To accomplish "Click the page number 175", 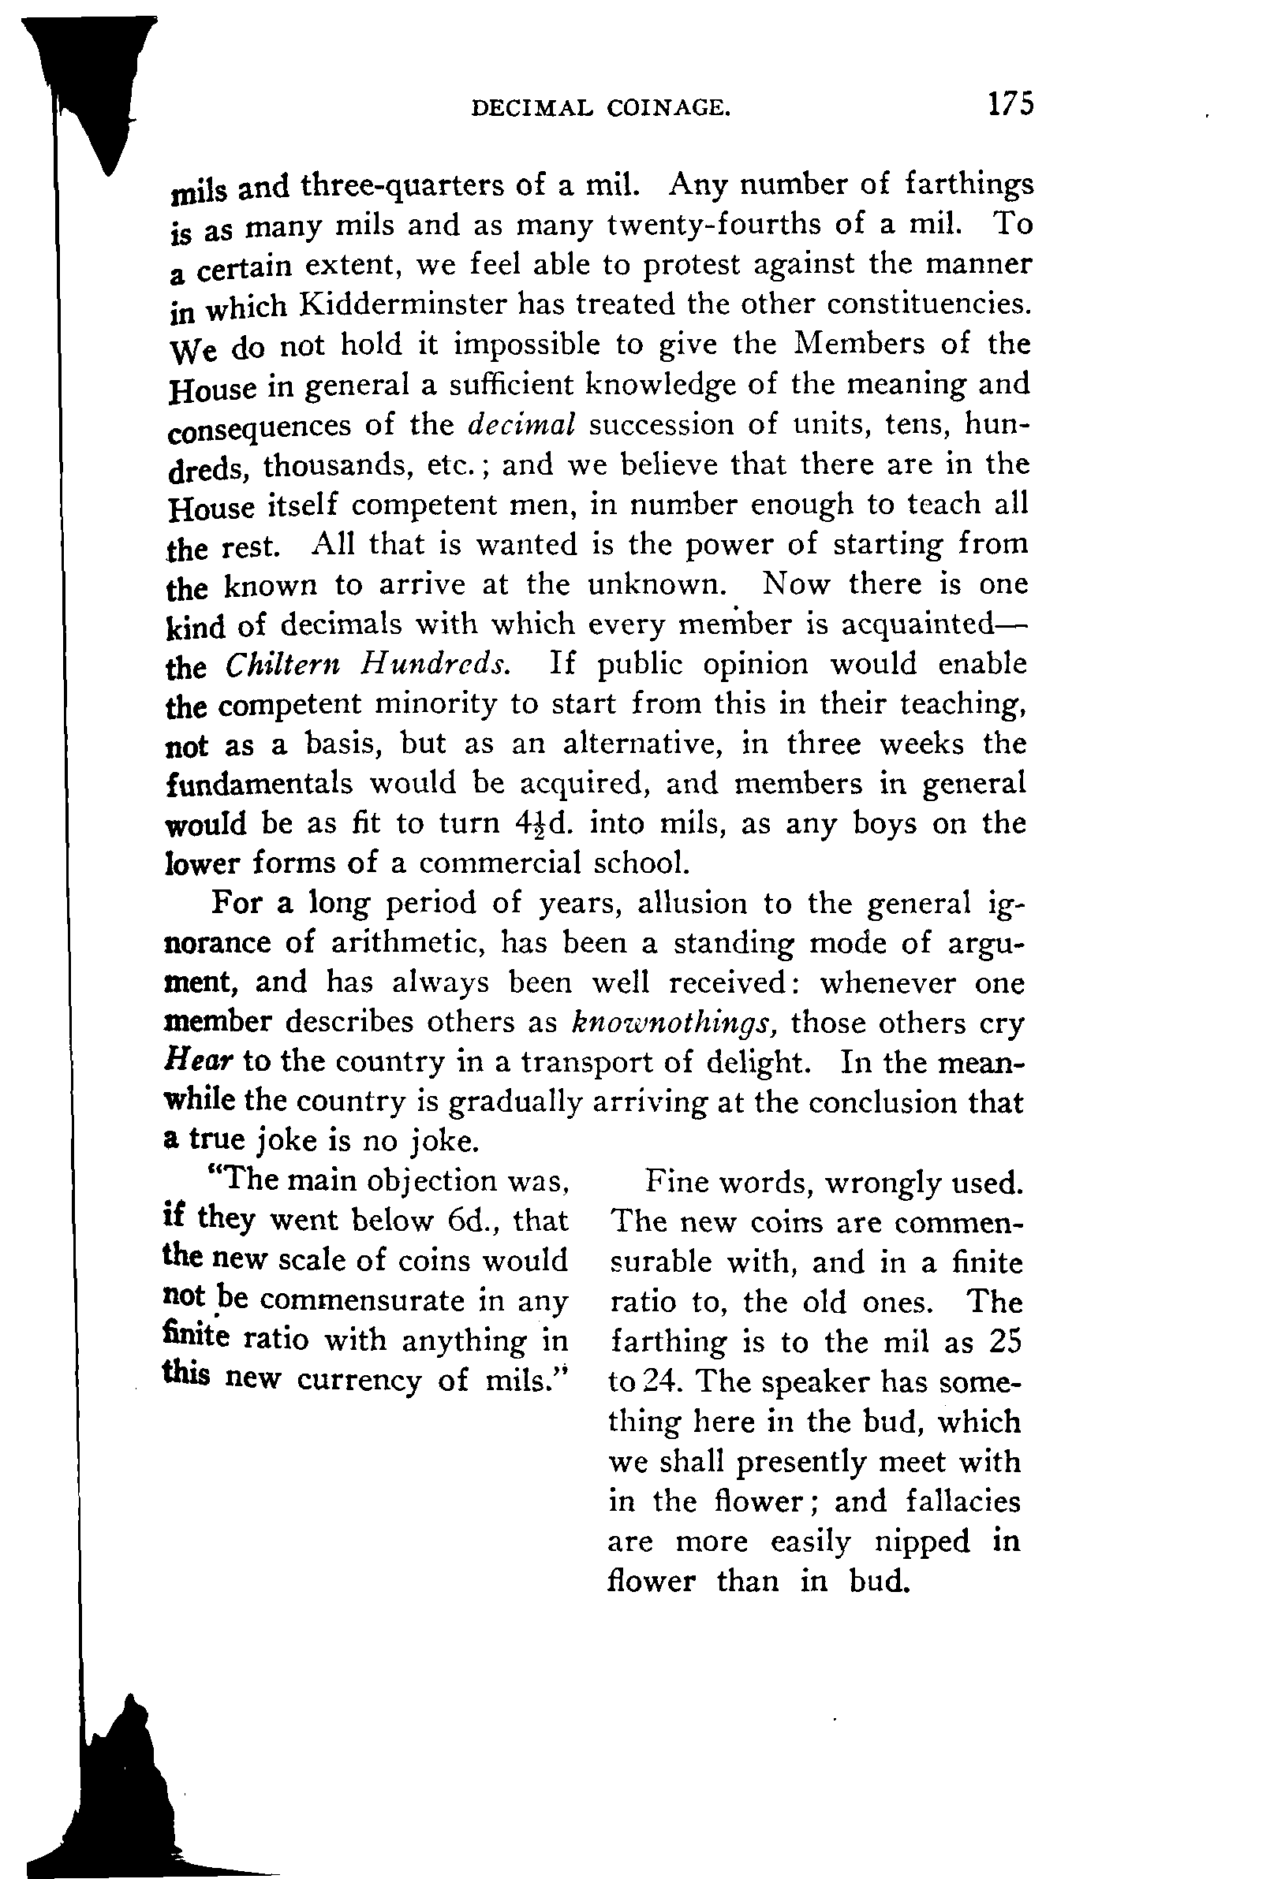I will pyautogui.click(x=1009, y=104).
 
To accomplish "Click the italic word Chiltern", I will pyautogui.click(x=282, y=665).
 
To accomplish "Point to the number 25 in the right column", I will pyautogui.click(x=1005, y=1342).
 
